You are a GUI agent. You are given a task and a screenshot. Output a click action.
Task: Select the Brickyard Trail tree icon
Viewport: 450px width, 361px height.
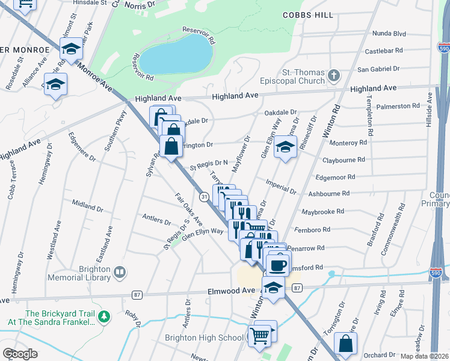click(104, 315)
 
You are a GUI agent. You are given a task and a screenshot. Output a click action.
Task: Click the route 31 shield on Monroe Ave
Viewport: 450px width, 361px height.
click(205, 197)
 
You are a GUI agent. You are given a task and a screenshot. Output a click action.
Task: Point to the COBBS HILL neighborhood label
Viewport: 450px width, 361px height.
click(309, 14)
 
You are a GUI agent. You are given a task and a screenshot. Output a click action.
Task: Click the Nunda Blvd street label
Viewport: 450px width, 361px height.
click(389, 34)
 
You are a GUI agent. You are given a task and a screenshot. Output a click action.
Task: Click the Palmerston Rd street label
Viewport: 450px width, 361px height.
click(398, 106)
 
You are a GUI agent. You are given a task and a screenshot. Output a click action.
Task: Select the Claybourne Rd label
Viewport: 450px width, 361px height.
click(344, 160)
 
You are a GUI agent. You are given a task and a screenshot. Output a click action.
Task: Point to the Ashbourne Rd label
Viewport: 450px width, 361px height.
click(328, 194)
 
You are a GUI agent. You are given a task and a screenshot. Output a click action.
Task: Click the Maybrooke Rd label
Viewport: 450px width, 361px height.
click(322, 212)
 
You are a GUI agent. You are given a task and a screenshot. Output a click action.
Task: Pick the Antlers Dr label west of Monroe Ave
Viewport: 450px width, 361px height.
click(156, 218)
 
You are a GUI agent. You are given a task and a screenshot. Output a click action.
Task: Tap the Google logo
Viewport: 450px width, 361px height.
click(20, 354)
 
